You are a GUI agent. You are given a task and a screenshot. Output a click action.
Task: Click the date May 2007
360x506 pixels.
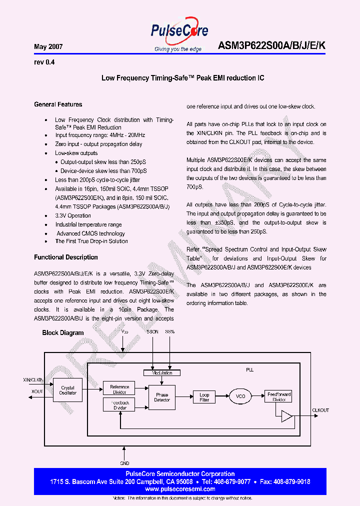48,46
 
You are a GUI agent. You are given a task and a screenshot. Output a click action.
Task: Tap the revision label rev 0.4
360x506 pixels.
44,62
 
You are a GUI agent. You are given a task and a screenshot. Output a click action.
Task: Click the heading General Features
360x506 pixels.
58,104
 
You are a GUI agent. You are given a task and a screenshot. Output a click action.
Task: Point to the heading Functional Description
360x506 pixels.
66,257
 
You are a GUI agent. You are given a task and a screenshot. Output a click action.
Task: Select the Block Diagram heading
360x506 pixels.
63,332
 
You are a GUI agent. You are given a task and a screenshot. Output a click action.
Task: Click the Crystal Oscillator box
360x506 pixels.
68,390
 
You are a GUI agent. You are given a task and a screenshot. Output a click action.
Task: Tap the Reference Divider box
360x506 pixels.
119,387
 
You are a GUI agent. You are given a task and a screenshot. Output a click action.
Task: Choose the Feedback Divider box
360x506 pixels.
119,405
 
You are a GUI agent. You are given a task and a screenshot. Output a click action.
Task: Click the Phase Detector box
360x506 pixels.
162,397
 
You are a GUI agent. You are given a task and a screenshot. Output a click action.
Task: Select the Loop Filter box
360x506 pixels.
204,397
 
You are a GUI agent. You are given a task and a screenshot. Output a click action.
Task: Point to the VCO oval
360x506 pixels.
241,396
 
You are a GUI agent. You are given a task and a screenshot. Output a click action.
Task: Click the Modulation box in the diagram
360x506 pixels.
162,372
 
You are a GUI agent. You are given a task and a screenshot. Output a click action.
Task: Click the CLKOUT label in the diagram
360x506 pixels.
320,410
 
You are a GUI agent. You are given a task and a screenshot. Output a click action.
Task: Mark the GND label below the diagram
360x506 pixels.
124,463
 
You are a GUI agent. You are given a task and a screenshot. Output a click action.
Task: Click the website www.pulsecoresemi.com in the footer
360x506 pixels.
180,489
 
